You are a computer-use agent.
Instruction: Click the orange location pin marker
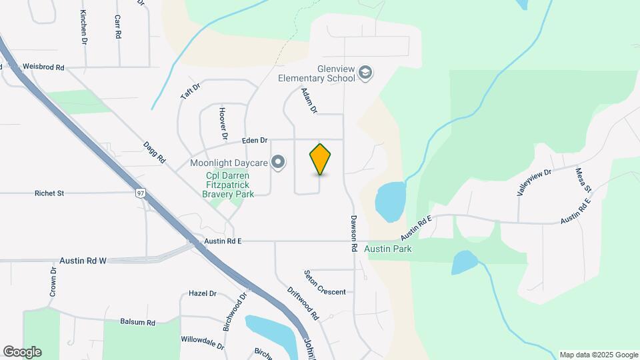click(x=320, y=159)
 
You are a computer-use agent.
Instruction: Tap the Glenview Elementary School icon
click(x=365, y=72)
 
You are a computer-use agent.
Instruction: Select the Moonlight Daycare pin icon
click(x=279, y=162)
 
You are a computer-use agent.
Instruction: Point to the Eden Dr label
click(x=255, y=141)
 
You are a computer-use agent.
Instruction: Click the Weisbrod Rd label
click(x=43, y=67)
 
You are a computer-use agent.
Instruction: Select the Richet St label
click(x=49, y=193)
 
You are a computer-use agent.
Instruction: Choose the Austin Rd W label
click(x=83, y=261)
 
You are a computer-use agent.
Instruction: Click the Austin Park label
click(x=389, y=249)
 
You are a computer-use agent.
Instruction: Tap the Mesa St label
click(x=583, y=181)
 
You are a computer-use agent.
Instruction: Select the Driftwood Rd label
click(x=303, y=304)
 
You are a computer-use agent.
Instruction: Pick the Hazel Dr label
click(x=203, y=293)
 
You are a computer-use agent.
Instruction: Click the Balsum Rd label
click(x=137, y=322)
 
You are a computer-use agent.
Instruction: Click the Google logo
click(x=22, y=351)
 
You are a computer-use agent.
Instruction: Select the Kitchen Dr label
click(x=83, y=27)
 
